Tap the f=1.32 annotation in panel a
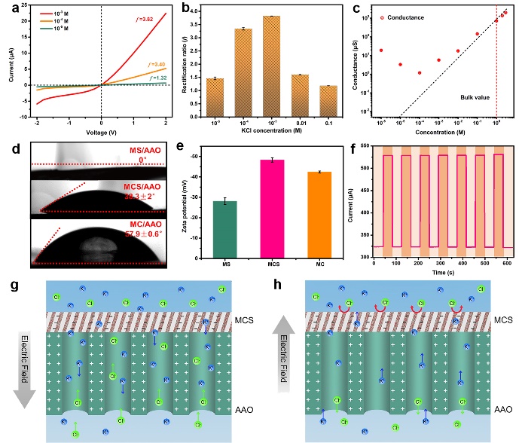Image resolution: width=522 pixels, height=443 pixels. coord(157,78)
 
